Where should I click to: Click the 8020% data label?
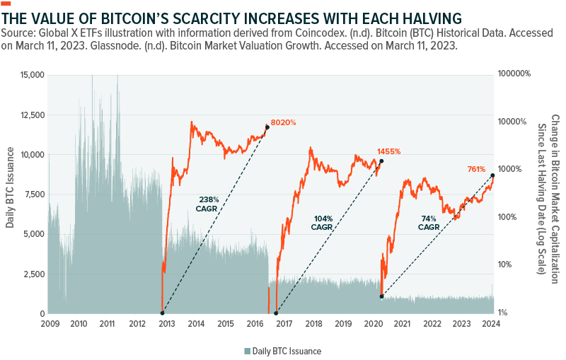(x=284, y=122)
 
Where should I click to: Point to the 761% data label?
(x=476, y=168)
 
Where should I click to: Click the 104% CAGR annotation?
(x=322, y=223)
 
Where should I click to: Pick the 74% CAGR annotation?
(x=428, y=223)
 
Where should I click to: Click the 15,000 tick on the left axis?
(x=31, y=75)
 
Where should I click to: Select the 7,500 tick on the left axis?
(x=33, y=194)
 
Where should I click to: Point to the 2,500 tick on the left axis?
(x=33, y=274)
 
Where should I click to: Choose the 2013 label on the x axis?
(x=166, y=324)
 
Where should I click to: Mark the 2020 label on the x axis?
(x=373, y=324)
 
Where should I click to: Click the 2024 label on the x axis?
(x=491, y=324)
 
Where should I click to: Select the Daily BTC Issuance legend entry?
(x=282, y=351)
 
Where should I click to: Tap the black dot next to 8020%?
(x=267, y=127)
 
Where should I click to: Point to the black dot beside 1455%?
(x=382, y=161)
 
